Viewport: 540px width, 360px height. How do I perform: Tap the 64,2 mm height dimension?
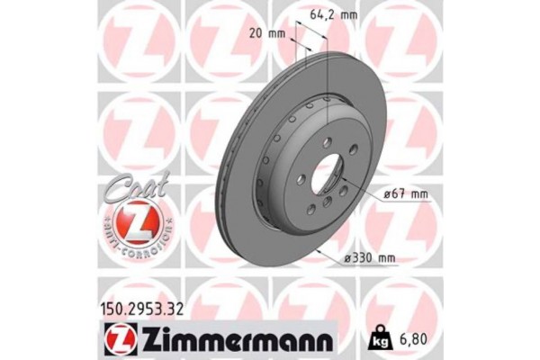329,14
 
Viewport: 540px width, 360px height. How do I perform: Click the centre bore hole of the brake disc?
327,173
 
